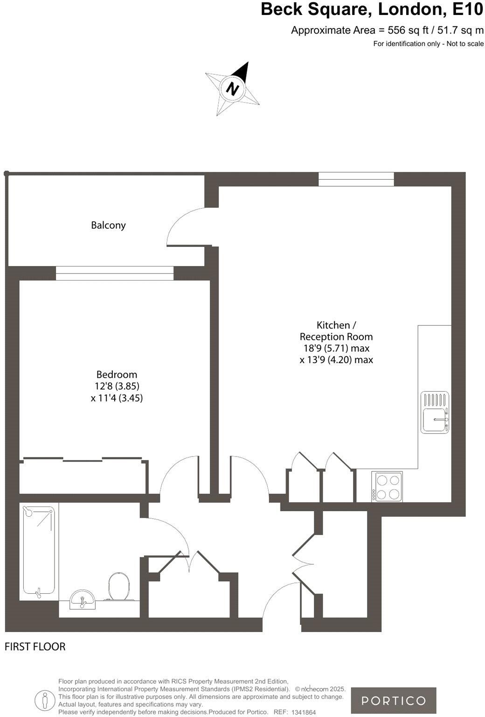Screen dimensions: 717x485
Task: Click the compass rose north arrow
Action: [233, 88]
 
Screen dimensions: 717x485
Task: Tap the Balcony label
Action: [108, 225]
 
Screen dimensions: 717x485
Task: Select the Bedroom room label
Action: [117, 374]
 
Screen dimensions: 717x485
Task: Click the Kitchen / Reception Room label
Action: [336, 330]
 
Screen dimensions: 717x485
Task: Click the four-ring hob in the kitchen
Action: [388, 487]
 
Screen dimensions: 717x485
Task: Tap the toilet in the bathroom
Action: [119, 586]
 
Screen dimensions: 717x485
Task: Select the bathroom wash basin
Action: [83, 599]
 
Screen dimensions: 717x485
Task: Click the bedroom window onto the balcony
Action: [115, 273]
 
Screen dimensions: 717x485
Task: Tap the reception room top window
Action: [356, 179]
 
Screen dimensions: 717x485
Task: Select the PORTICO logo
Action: [394, 700]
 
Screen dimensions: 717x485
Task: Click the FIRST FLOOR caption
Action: [35, 647]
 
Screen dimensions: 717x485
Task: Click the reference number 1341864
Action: [304, 712]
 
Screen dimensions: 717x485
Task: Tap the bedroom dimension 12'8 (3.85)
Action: [117, 386]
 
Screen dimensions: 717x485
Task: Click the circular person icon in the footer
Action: [45, 700]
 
